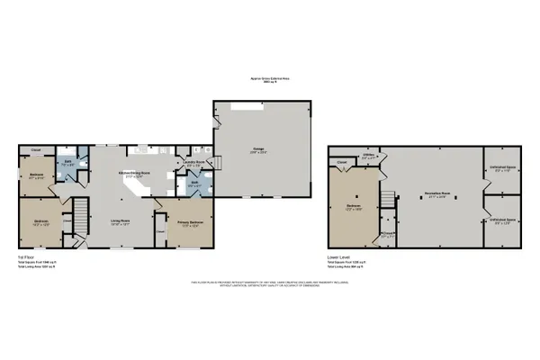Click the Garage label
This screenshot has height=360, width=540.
click(x=259, y=150)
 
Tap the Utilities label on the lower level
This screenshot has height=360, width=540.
click(x=369, y=155)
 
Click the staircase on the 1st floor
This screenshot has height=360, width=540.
click(x=79, y=217)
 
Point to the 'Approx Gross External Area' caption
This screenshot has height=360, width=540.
click(x=269, y=78)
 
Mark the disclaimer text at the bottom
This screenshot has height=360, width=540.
click(x=269, y=284)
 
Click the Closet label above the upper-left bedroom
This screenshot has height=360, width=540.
click(x=37, y=149)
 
